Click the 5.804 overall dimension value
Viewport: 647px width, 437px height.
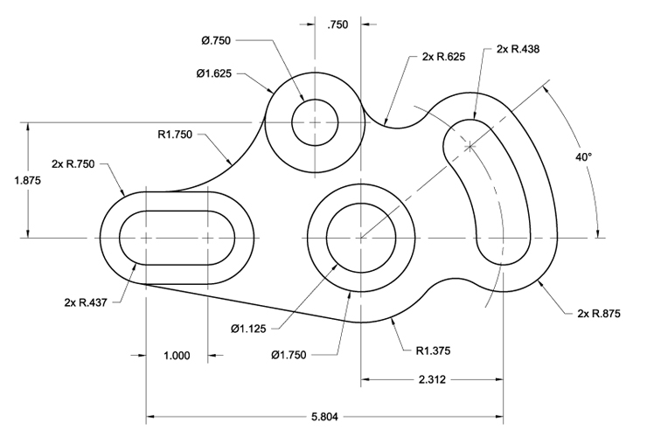pos(324,417)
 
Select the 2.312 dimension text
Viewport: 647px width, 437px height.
pos(432,379)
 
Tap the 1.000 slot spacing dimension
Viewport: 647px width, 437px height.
pos(177,356)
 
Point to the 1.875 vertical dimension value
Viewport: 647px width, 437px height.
pos(28,180)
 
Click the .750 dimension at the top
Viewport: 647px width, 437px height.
pos(337,24)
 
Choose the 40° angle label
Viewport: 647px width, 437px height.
pos(583,156)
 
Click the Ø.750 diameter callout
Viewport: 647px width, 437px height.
pos(216,40)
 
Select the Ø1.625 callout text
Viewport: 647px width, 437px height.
pos(214,73)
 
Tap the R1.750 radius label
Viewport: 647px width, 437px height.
pos(175,134)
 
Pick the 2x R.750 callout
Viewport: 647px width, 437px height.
pos(73,163)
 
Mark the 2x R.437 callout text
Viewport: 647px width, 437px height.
pos(86,302)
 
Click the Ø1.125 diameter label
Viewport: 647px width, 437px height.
pos(248,329)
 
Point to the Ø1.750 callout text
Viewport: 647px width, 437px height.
pos(289,355)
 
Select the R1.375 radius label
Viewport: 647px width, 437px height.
pos(433,350)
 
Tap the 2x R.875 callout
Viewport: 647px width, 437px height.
pos(599,314)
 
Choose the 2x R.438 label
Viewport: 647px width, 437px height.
pos(518,49)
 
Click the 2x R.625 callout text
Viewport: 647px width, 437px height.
pos(443,57)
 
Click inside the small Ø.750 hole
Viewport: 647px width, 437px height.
pos(315,122)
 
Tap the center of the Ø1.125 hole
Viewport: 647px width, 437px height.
pos(361,238)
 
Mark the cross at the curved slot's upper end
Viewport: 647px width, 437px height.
pos(470,146)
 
